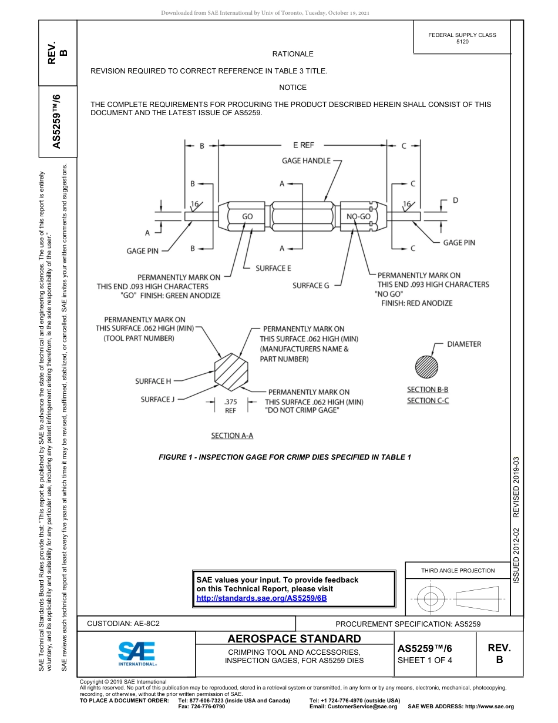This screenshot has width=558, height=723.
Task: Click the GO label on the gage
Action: pos(247,216)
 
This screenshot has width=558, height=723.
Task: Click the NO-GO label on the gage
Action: pos(358,216)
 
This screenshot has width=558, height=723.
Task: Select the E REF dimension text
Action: pos(303,145)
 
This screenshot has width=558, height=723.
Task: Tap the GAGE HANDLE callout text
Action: pos(306,160)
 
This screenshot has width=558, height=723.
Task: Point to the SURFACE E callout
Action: pos(273,268)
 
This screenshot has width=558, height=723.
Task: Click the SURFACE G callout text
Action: pos(311,286)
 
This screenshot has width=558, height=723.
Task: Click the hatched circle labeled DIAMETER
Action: pos(426,367)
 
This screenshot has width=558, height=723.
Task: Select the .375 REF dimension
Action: pos(230,406)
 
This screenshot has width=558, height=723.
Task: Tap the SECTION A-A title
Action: pos(232,436)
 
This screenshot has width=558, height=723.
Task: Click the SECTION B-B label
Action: pos(428,389)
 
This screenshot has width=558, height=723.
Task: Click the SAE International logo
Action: pos(137,652)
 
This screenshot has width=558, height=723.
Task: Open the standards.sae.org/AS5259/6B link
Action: pos(261,598)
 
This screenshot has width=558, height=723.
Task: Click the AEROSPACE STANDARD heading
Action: pos(294,639)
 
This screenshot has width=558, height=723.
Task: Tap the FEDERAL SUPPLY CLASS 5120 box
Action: pos(462,38)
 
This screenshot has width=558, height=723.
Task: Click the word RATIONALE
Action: pos(293,54)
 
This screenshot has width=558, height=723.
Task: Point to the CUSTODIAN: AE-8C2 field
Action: pos(123,624)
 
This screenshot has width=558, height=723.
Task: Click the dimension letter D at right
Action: pos(455,201)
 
